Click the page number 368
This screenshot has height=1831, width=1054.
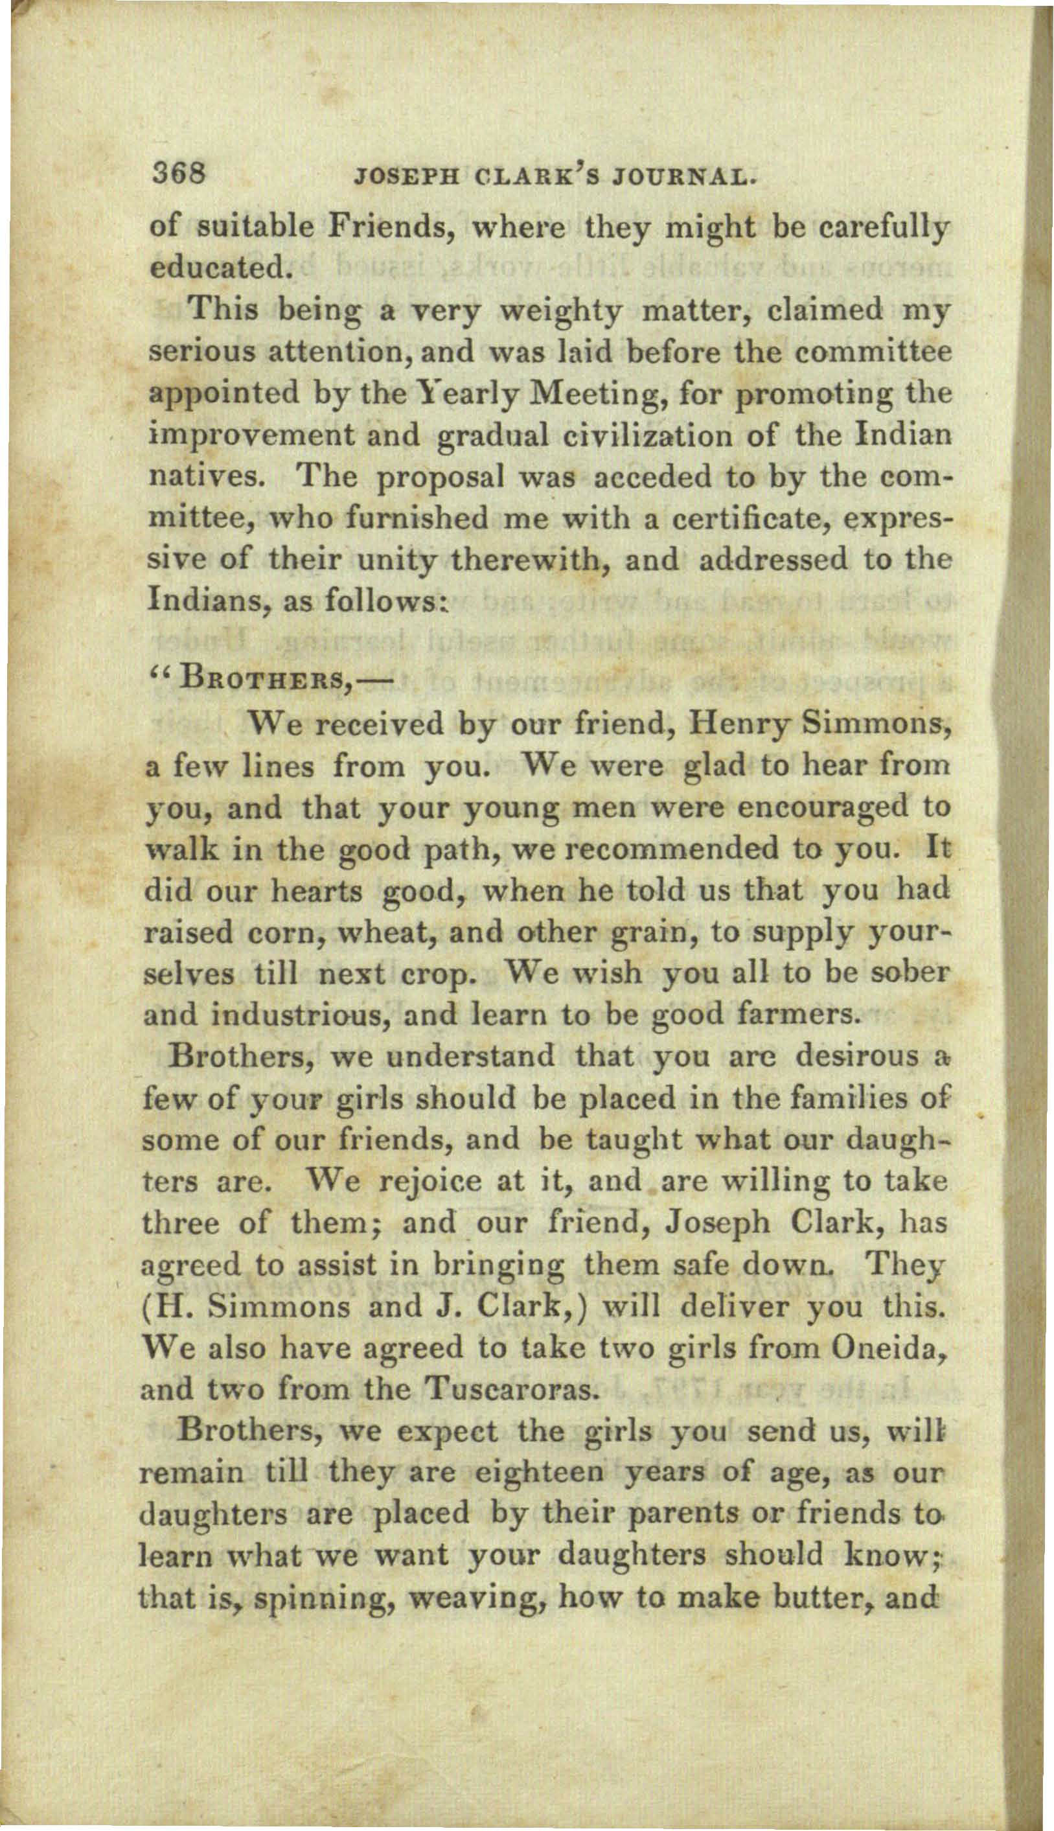(179, 174)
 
